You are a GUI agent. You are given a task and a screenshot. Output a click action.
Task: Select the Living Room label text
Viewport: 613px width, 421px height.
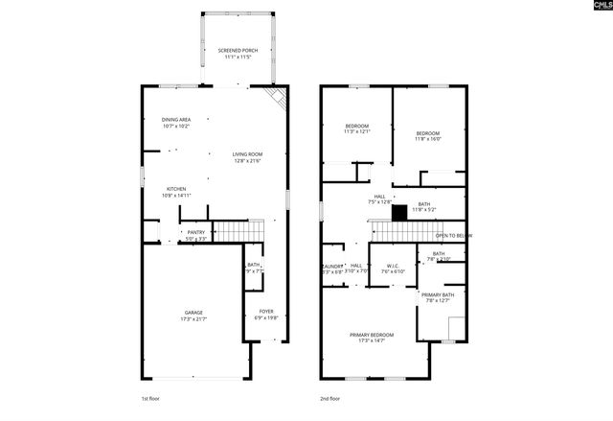tap(246, 156)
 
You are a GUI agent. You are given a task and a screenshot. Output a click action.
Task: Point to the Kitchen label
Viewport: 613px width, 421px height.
tap(176, 192)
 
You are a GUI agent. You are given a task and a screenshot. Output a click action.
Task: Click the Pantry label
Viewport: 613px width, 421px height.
tap(195, 234)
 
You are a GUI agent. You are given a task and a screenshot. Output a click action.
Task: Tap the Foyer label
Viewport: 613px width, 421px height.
tap(267, 315)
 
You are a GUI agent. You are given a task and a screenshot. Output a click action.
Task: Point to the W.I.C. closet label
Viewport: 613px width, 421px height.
tap(395, 269)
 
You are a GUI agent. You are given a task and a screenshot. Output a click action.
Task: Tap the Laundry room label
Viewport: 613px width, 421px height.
tap(331, 269)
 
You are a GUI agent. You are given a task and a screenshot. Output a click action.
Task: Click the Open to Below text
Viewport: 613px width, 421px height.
tap(453, 235)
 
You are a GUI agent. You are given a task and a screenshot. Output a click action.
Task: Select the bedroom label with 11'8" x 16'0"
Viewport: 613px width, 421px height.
tap(427, 135)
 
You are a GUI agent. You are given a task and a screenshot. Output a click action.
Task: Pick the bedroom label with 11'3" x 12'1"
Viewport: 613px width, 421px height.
tap(356, 129)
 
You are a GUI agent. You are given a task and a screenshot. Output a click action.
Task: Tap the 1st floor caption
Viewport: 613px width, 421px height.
tap(151, 397)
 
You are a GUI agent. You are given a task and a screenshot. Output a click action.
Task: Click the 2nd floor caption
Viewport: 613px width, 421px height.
tap(331, 397)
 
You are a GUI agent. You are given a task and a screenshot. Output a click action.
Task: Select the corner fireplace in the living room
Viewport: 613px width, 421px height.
tap(276, 99)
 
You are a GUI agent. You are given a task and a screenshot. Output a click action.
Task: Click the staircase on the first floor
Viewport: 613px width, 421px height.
tap(237, 231)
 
